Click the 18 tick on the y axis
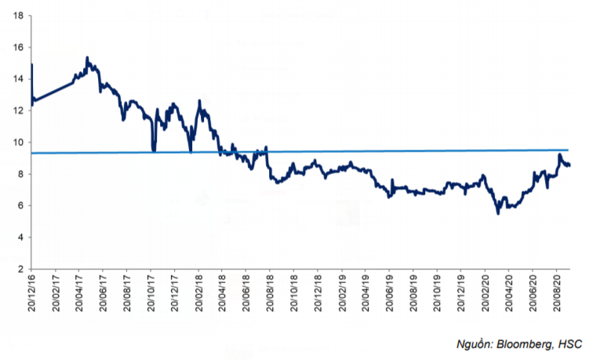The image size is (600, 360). click(x=17, y=15)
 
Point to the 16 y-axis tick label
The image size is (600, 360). click(x=17, y=47)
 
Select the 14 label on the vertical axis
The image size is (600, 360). click(x=17, y=78)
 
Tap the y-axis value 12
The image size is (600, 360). click(x=17, y=111)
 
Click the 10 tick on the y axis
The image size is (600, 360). click(x=17, y=142)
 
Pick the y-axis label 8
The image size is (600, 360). click(x=20, y=174)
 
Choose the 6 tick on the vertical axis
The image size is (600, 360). click(x=20, y=205)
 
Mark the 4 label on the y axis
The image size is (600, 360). click(x=20, y=237)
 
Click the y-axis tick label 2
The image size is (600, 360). click(x=20, y=269)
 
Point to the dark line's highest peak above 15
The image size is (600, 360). click(x=87, y=57)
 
